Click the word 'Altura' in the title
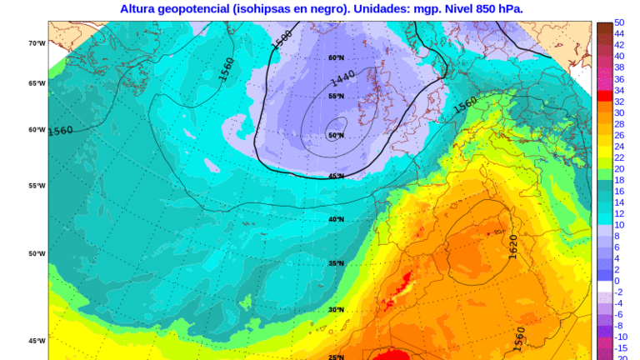140,8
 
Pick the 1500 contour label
282,38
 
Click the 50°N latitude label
336,135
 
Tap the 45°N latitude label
336,176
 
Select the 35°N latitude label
336,263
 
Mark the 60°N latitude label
336,57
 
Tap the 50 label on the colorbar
619,22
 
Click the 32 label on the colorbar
619,101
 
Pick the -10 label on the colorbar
620,337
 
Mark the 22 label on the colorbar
619,157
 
